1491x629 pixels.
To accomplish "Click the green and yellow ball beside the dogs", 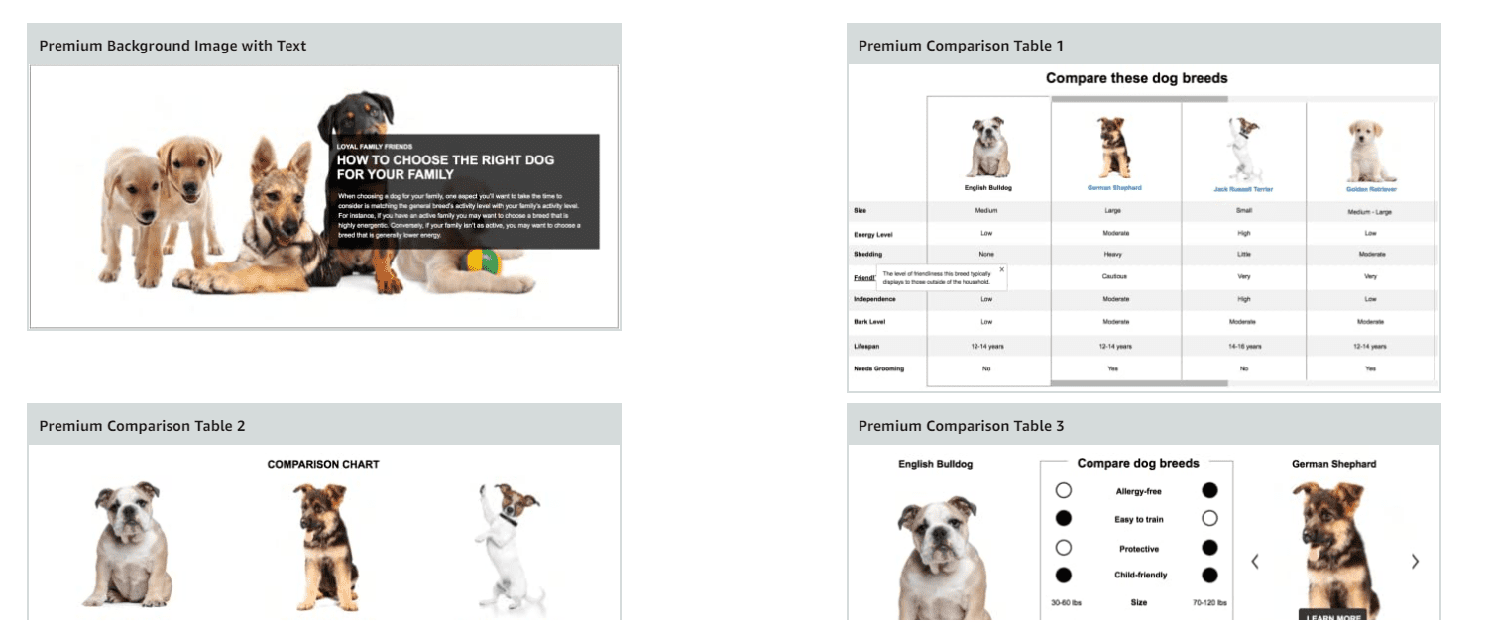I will (485, 262).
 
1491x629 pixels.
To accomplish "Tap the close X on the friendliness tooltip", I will (1001, 269).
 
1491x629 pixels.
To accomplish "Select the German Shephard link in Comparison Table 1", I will (1115, 187).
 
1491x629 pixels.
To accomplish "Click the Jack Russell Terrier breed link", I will (1243, 188).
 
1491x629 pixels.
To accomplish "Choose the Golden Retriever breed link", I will (1370, 188).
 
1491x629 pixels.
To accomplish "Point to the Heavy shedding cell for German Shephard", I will (1115, 255).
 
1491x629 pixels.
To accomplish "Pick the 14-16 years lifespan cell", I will (1243, 346).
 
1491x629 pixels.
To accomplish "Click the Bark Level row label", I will (869, 321).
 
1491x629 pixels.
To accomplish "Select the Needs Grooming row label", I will (876, 368).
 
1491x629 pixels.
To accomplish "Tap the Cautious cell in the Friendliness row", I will (1115, 276).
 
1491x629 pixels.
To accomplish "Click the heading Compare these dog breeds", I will (1136, 78).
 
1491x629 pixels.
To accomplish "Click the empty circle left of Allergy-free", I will (1064, 490).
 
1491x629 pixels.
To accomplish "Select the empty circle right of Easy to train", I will (1209, 518).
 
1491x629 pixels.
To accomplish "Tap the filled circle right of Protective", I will (1209, 548).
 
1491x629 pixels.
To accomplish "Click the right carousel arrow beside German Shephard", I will (1415, 562).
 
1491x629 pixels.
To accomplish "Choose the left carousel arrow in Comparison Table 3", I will (1255, 562).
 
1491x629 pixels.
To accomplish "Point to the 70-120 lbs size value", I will (1208, 602).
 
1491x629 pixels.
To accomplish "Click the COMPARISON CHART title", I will (323, 464).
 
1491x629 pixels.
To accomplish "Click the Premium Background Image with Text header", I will (172, 46).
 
